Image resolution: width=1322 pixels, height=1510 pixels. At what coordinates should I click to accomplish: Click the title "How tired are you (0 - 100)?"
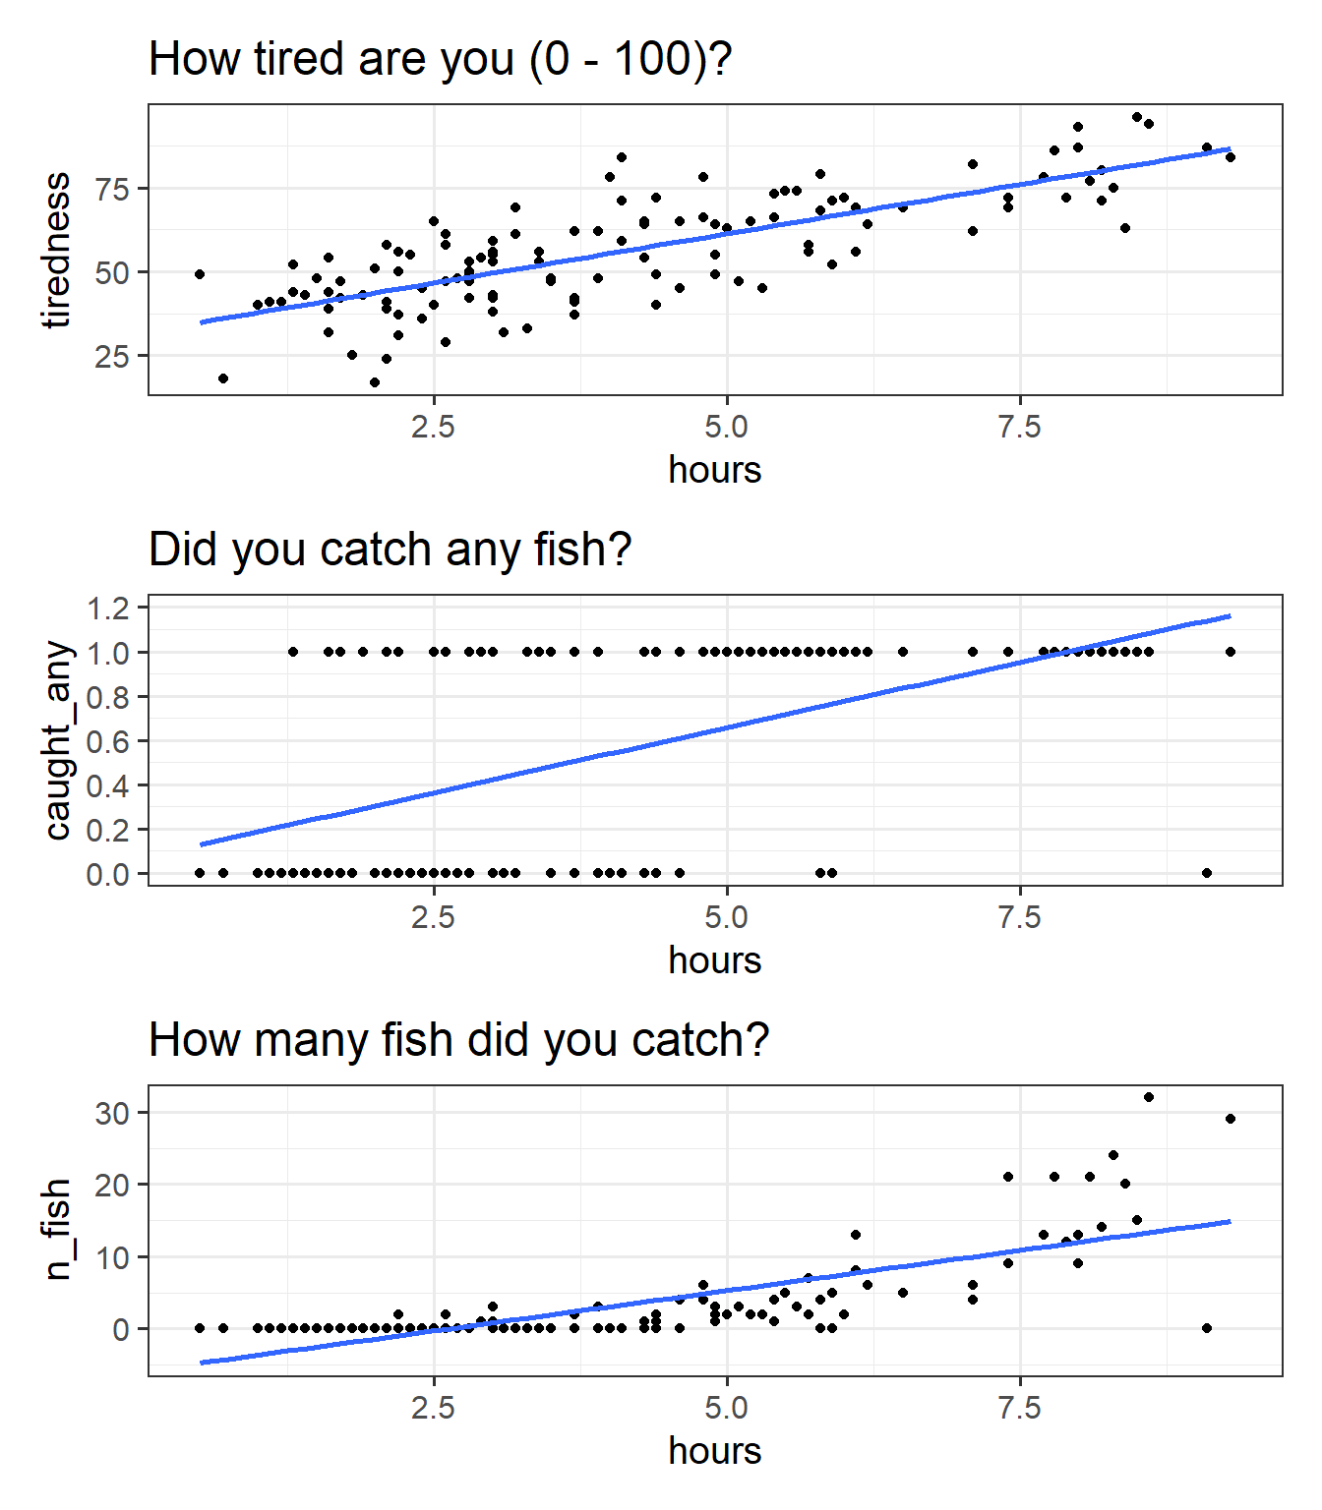point(440,59)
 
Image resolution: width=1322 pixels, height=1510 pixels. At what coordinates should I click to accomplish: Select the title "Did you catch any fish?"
point(390,550)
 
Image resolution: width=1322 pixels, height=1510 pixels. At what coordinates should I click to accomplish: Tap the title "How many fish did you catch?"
point(458,1040)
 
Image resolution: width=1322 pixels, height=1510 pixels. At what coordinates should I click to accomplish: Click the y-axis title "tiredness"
point(57,250)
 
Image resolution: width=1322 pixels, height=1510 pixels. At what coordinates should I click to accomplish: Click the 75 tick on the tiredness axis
point(112,189)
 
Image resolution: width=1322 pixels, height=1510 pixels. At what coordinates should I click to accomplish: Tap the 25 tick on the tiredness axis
point(112,356)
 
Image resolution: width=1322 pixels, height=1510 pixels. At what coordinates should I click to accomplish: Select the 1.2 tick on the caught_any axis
point(108,609)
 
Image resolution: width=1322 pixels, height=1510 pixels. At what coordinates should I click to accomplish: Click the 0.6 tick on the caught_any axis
point(108,741)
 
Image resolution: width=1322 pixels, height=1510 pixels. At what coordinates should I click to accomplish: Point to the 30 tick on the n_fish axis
point(112,1113)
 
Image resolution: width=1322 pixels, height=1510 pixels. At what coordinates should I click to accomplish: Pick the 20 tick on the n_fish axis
point(112,1185)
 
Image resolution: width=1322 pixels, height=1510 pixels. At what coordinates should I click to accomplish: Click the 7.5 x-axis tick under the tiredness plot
point(1019,428)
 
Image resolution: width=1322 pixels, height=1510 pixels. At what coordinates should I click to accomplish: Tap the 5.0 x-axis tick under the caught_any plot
point(726,918)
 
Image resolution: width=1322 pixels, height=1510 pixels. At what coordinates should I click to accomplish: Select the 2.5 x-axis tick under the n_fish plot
point(433,1409)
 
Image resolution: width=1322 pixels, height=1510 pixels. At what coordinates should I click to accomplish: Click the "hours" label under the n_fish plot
point(714,1451)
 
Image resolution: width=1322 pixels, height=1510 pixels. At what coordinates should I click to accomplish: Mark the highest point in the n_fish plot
point(1148,1097)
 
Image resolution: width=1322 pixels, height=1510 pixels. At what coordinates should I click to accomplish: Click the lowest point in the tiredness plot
point(375,382)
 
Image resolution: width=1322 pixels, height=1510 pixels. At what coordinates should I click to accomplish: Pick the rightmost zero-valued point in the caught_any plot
point(1207,873)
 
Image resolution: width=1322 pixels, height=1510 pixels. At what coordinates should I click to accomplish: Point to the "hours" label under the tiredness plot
point(714,470)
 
